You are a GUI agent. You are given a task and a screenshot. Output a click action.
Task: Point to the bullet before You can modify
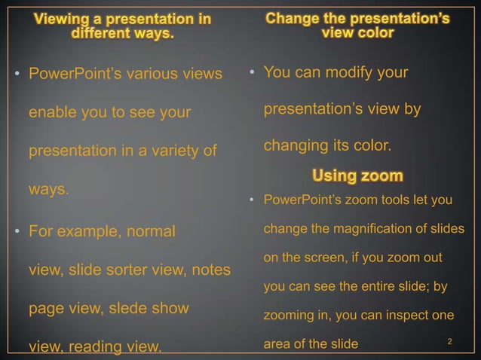[253, 73]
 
